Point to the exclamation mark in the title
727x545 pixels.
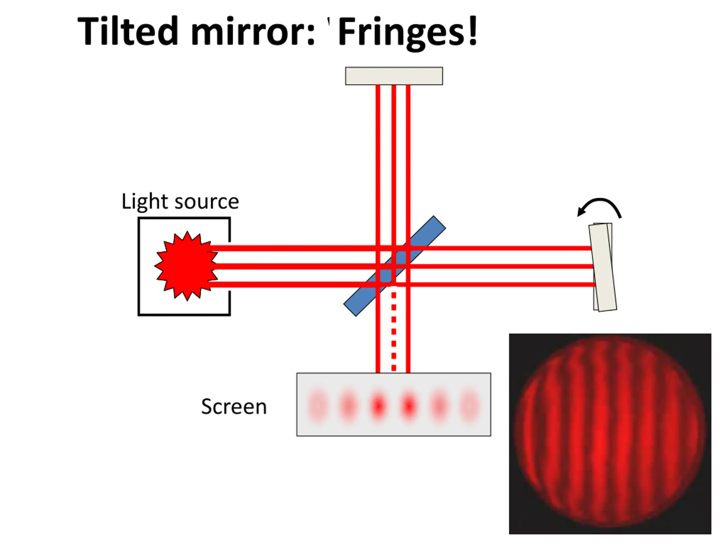472,30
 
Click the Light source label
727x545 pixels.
180,201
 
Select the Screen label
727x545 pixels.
234,406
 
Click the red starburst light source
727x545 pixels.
186,266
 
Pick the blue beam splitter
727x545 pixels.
394,266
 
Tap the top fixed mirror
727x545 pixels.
394,76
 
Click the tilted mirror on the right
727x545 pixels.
602,267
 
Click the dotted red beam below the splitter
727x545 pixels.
394,328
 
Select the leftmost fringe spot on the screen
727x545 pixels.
318,406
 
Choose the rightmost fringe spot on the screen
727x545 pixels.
469,406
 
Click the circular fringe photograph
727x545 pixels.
610,434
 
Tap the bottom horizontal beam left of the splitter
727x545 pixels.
293,284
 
